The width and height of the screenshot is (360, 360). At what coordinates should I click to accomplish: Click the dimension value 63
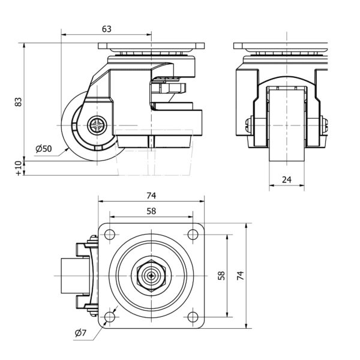pos(106,28)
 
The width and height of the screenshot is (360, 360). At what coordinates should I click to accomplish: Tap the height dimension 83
pos(18,103)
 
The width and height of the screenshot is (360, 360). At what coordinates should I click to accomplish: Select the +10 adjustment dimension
pos(18,168)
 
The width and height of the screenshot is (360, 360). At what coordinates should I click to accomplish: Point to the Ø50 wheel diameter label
pos(43,149)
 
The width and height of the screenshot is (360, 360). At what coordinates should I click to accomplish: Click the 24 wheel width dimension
pos(286,179)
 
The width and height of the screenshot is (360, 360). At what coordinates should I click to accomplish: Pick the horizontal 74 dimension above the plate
pos(151,196)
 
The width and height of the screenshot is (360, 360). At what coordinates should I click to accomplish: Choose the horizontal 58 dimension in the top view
pos(151,211)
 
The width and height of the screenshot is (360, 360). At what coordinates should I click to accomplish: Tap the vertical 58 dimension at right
pos(221,275)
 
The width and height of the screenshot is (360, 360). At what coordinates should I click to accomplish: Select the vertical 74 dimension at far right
pos(240,275)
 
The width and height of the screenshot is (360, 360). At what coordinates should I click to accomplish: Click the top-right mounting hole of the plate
pos(193,234)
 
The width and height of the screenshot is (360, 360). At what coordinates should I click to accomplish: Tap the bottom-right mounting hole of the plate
pos(193,317)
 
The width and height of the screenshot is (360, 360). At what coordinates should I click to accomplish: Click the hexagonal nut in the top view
pos(151,276)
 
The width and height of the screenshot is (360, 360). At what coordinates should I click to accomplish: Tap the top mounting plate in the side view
pos(151,46)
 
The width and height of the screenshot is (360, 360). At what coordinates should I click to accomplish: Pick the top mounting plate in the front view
pos(280,46)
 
